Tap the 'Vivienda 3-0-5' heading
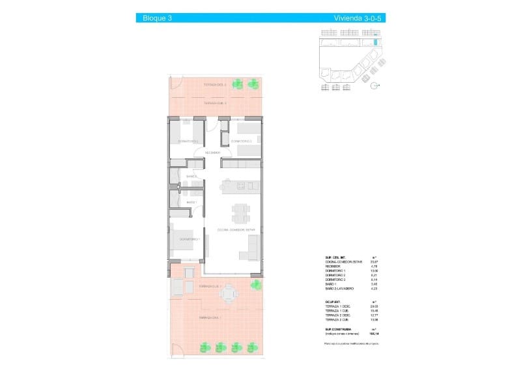[x=356, y=18]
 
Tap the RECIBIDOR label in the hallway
[x=212, y=152]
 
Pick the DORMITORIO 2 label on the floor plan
[x=241, y=141]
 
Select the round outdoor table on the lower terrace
[x=227, y=295]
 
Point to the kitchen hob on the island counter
[x=240, y=186]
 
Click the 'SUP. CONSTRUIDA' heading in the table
[x=338, y=330]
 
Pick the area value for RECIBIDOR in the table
[x=374, y=266]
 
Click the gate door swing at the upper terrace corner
[x=172, y=83]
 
